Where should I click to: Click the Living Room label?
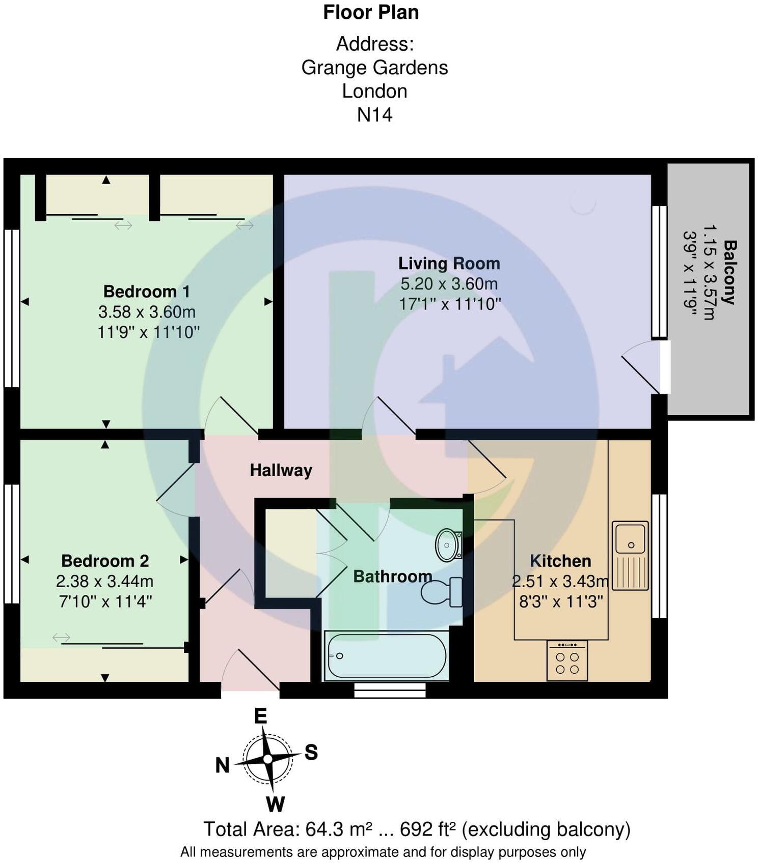click(x=449, y=263)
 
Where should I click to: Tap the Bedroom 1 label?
click(x=147, y=291)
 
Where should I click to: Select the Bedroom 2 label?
click(x=105, y=561)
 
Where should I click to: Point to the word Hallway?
click(x=281, y=471)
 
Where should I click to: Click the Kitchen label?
click(x=560, y=561)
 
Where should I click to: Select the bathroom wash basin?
click(x=448, y=545)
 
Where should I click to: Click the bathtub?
click(x=387, y=655)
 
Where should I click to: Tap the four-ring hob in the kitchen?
click(x=567, y=660)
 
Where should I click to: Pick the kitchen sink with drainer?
click(x=630, y=555)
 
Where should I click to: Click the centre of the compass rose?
click(x=267, y=759)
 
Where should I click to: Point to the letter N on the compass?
click(x=222, y=765)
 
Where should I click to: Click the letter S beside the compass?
click(x=311, y=752)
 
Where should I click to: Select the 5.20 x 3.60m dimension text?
click(x=449, y=283)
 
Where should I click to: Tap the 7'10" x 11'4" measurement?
click(x=105, y=601)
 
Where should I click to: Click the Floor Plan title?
click(x=371, y=12)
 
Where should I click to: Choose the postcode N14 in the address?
click(x=374, y=115)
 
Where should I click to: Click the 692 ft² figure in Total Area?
click(x=428, y=829)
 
